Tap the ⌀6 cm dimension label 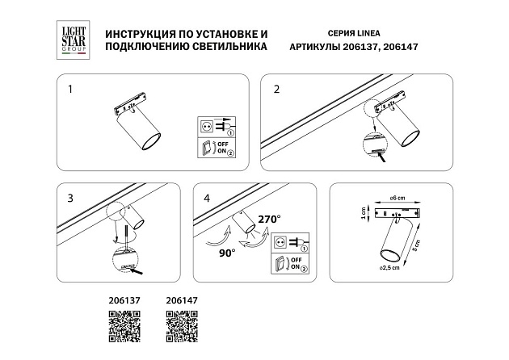point(396,199)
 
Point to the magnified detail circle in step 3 point(127,262)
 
